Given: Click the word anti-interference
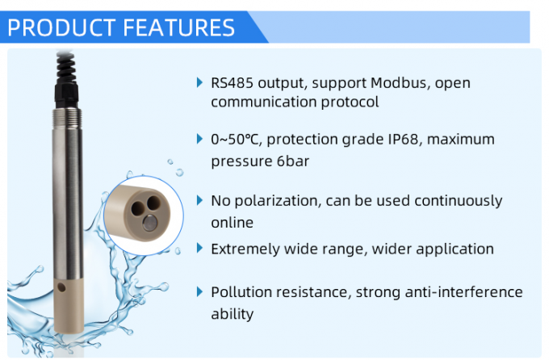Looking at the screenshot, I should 434,292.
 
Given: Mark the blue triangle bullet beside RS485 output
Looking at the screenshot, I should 200,82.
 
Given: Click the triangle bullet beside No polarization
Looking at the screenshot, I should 200,200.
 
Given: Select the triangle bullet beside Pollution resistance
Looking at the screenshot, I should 200,291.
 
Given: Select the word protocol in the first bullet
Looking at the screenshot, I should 352,103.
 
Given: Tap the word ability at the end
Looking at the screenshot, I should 232,314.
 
